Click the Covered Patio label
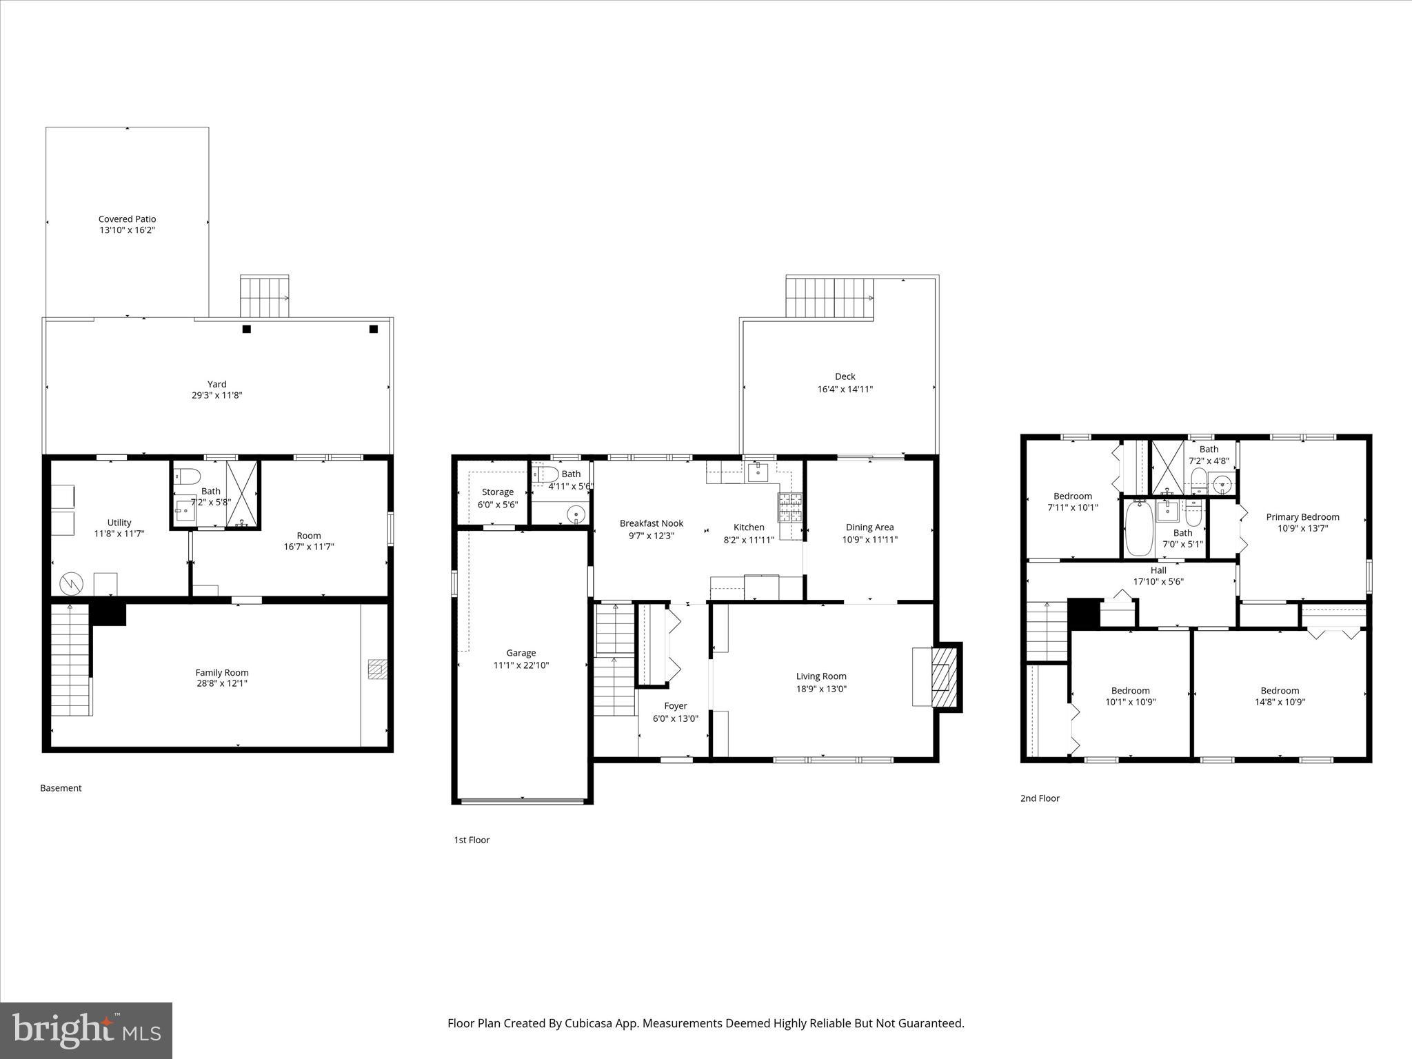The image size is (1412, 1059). coord(127,219)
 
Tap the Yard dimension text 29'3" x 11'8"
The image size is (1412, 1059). coord(216,396)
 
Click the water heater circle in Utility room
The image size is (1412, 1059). coord(71,584)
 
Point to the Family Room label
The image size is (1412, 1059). coord(221,672)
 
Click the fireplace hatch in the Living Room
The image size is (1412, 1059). coord(943,677)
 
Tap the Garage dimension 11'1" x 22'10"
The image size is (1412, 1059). coord(521,665)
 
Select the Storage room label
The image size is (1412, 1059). coord(497,492)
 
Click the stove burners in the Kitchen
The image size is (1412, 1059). coord(790,507)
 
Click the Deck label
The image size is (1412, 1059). coord(845,376)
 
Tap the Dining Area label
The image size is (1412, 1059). coord(869,527)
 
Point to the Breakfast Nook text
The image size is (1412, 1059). coord(651,523)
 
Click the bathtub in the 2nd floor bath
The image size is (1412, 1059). coord(1139,529)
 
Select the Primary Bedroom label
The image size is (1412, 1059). coord(1302,516)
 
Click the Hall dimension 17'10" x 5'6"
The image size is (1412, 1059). coord(1158,582)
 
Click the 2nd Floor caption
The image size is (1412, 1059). coord(1040,798)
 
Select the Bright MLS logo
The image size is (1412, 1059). coord(86,1030)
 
